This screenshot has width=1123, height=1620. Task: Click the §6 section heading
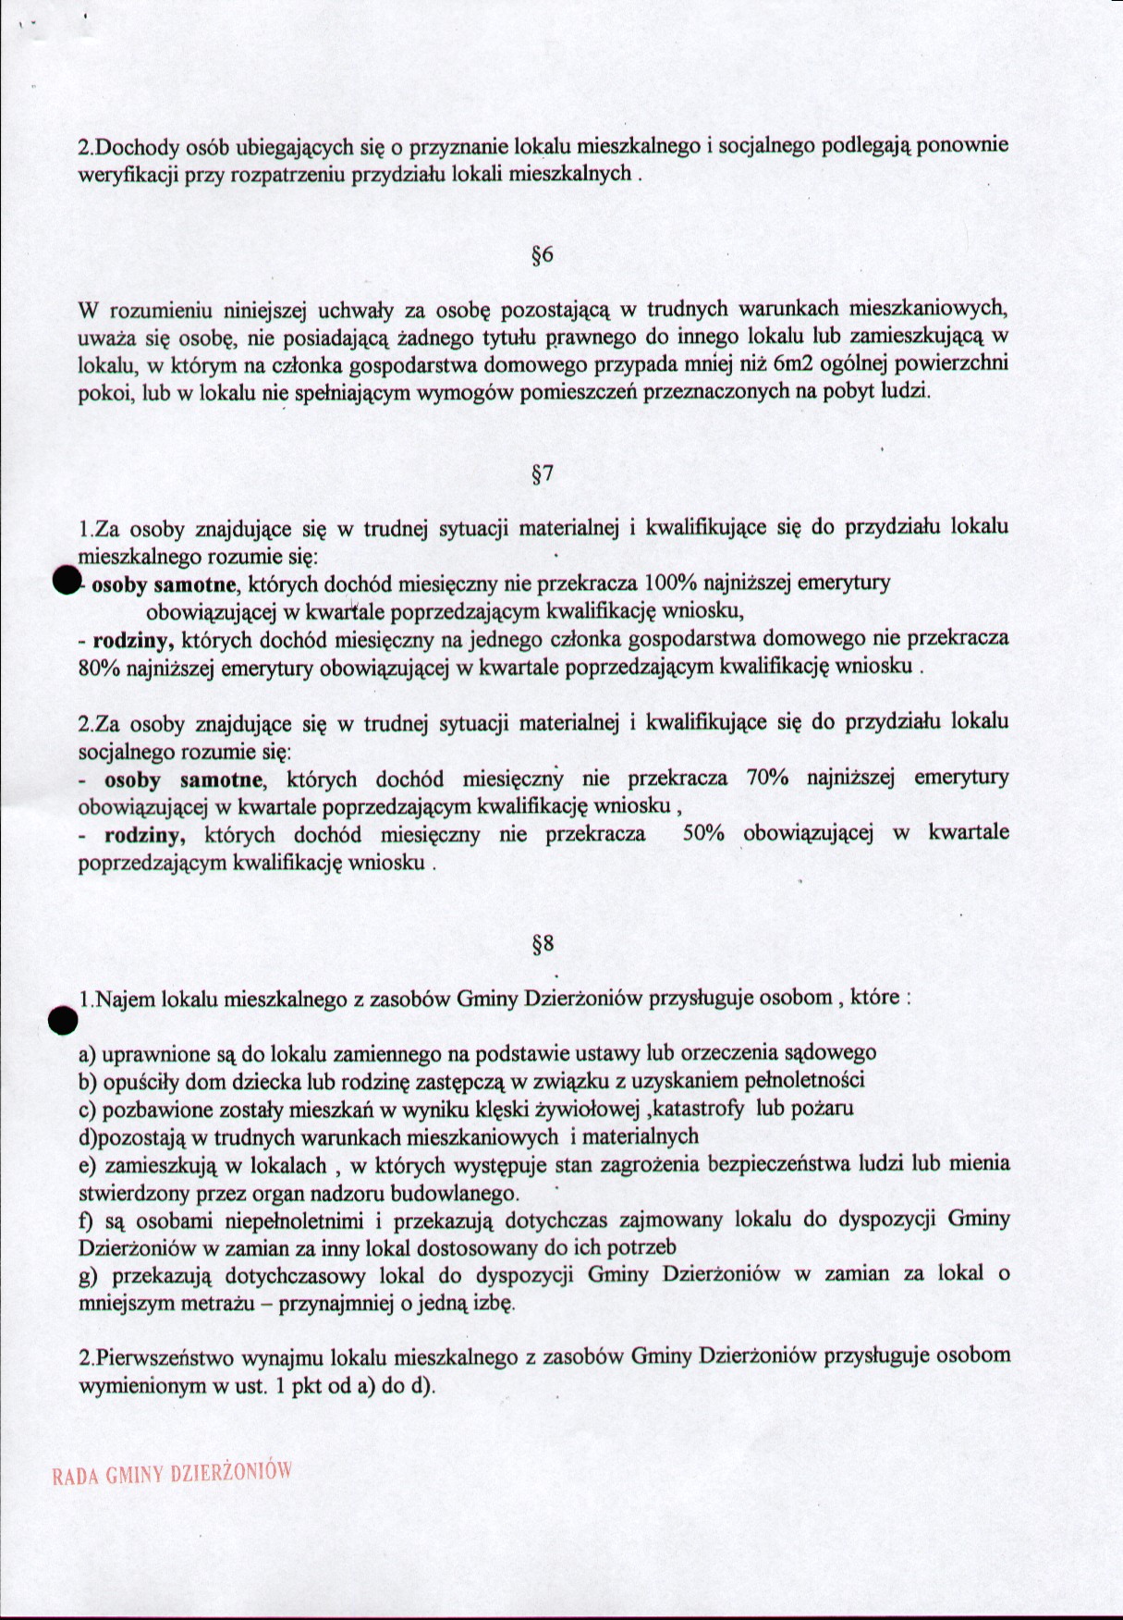(543, 255)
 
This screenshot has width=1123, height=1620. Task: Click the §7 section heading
(543, 475)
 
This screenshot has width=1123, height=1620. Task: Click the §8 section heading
(543, 944)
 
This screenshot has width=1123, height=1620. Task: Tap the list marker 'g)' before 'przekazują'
(89, 1275)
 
